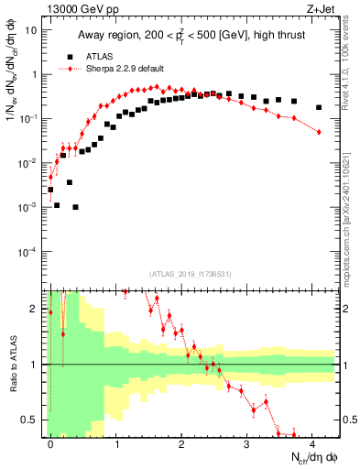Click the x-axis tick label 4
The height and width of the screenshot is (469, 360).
(312, 442)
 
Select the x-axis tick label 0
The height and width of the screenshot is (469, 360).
(50, 442)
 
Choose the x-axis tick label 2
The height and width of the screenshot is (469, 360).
(181, 442)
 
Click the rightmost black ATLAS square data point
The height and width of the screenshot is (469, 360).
(319, 107)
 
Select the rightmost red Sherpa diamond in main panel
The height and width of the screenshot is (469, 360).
(319, 132)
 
